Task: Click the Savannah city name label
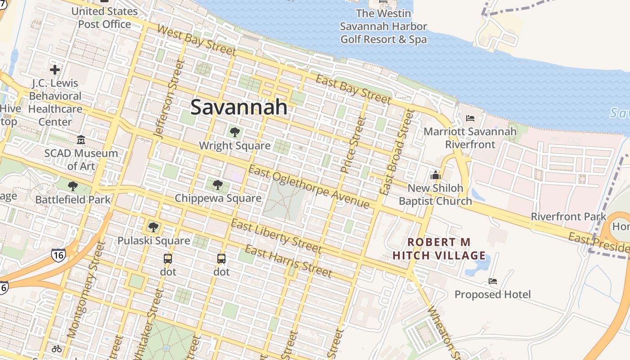239,107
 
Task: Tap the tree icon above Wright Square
234,132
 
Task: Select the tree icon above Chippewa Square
218,184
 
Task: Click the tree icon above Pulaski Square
153,227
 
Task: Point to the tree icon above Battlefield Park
72,186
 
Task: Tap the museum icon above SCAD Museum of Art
81,140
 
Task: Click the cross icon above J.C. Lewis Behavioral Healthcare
55,70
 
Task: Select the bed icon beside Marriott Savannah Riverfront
470,118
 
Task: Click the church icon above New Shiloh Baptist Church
435,175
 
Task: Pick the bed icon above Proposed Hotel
493,282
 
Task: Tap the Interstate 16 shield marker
58,254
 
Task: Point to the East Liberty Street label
276,236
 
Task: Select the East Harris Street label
288,261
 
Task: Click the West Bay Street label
197,40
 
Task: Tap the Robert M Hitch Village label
439,249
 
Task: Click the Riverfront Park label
568,216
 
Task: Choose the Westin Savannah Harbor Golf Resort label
383,27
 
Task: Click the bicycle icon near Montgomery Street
56,348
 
